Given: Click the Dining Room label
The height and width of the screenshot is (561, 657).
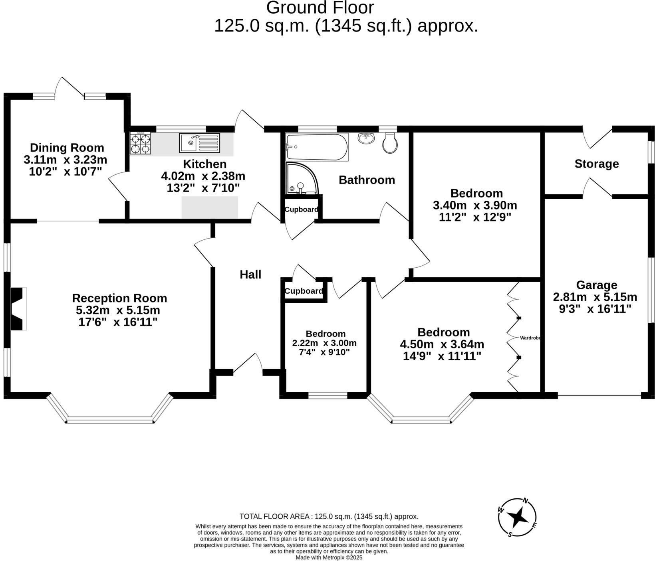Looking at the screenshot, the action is pos(67,148).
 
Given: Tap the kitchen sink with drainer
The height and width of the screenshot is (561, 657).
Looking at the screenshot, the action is pos(199,143).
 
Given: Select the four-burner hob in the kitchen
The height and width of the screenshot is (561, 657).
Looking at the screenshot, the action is pos(140,143).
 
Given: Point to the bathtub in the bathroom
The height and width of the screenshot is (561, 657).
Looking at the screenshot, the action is pos(317,147).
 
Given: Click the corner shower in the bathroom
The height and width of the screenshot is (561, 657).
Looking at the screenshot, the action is pos(302,178).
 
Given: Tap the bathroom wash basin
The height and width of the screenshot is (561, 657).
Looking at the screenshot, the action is pos(366,138).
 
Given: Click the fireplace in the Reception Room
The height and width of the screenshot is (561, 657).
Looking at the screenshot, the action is pos(18,309).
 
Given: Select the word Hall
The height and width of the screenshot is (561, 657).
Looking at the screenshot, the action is pos(250,275).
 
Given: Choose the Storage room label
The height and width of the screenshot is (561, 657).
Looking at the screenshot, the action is pos(597,164).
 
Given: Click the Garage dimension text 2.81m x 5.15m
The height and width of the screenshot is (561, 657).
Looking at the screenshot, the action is pos(595,297).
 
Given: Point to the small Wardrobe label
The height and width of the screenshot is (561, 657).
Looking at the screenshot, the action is pos(530,338).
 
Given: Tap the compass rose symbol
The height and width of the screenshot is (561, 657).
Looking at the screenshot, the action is pos(518,518).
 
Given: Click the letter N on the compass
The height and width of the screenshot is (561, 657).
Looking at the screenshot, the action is pos(526,501).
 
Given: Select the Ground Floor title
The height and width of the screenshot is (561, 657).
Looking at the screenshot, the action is pos(320,8).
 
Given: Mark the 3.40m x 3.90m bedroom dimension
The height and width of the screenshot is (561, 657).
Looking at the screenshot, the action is pos(475,205).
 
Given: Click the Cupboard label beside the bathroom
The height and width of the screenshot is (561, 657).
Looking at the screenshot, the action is pos(301,209).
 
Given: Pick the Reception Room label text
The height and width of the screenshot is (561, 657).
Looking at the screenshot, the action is pos(119,298).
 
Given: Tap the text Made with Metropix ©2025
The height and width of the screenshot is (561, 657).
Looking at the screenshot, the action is pos(329,557).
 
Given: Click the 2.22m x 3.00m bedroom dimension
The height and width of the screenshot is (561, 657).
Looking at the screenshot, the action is pos(324,343).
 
